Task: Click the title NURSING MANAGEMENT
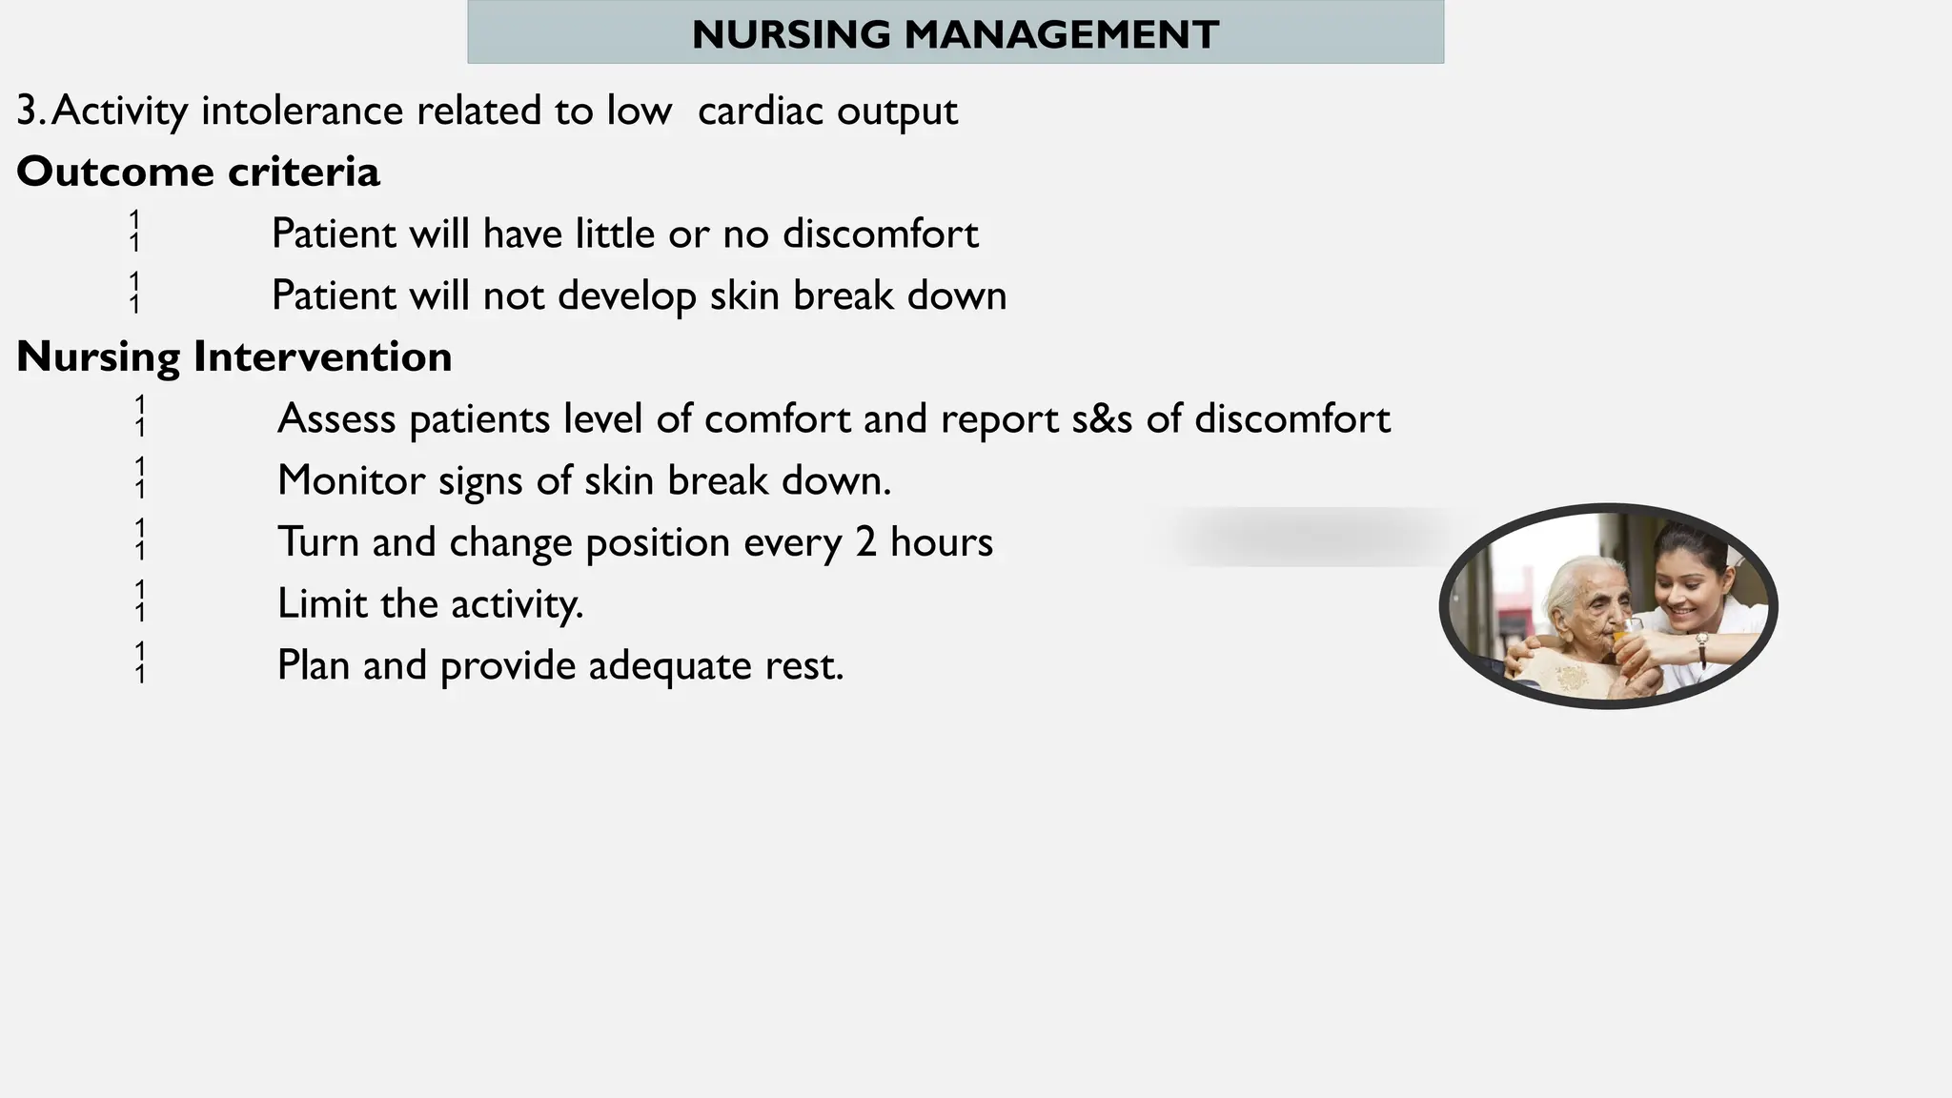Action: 955,35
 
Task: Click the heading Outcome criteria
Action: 198,173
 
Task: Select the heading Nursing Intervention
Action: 234,357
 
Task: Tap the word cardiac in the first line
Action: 760,112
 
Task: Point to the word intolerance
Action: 302,112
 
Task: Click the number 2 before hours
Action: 865,542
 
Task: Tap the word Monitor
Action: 351,480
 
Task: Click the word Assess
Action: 335,419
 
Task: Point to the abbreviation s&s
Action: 1102,419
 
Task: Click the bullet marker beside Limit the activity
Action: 140,601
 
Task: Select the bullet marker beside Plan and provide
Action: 140,663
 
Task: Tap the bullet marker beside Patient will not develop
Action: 134,293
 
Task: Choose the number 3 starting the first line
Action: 27,112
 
